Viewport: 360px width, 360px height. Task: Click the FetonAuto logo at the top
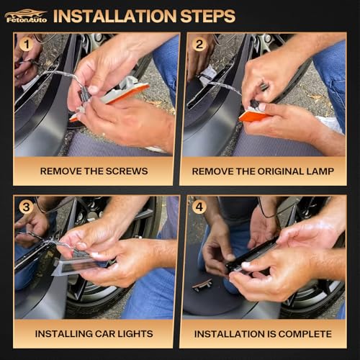(26, 17)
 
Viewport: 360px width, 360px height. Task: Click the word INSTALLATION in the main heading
(115, 17)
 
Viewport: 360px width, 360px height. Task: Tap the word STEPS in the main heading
(207, 17)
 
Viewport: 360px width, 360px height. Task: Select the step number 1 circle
(27, 45)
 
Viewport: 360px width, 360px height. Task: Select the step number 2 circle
(199, 45)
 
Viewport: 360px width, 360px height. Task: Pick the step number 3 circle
(27, 207)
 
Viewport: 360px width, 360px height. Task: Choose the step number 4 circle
(199, 207)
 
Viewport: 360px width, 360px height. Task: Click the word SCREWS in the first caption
(127, 171)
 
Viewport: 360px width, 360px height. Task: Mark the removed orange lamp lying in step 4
(202, 284)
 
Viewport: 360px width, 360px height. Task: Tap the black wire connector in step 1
(84, 95)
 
